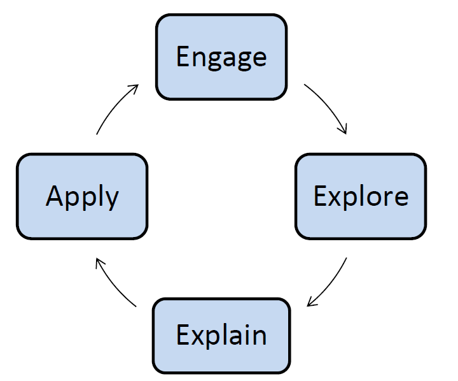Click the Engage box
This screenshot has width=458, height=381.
pos(221,57)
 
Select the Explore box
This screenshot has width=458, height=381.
pos(361,196)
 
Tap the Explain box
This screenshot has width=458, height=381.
pos(221,336)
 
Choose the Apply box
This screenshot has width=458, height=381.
pos(82,196)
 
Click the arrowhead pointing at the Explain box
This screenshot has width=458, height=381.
pos(311,302)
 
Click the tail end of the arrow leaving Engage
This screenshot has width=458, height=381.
pos(304,84)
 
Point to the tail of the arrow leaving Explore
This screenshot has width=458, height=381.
pos(347,257)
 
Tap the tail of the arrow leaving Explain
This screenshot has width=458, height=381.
pos(136,306)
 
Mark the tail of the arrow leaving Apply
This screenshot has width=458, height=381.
pos(97,134)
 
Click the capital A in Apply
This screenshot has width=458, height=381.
pos(55,196)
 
